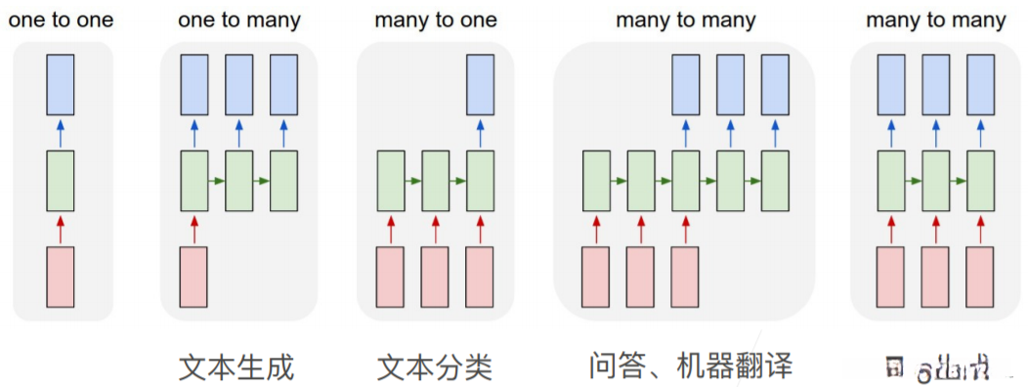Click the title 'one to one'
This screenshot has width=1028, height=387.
(x=61, y=21)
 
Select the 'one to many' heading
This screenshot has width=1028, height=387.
(x=239, y=21)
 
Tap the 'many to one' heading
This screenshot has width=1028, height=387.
(x=435, y=21)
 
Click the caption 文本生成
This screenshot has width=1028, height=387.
(x=237, y=368)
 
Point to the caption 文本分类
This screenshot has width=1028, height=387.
(x=435, y=368)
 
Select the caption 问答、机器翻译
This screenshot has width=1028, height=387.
(x=691, y=366)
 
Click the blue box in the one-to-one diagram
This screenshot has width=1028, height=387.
(x=61, y=85)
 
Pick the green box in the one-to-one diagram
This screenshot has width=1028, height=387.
(x=61, y=181)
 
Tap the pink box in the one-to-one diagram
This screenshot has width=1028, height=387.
(x=61, y=278)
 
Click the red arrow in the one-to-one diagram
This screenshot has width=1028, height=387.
(x=61, y=230)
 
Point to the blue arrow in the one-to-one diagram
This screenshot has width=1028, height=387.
(x=61, y=133)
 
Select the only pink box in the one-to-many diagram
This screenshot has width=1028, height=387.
(x=193, y=278)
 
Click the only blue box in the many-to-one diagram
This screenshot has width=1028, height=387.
(x=480, y=85)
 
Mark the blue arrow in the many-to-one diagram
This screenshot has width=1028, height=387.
(x=480, y=133)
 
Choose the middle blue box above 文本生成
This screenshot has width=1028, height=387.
(x=239, y=85)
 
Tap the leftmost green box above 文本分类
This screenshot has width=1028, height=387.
(x=391, y=181)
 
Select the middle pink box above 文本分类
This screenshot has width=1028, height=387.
(x=435, y=278)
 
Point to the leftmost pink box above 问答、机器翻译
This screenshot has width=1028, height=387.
(x=596, y=278)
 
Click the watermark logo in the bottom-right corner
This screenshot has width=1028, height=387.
(x=938, y=369)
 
